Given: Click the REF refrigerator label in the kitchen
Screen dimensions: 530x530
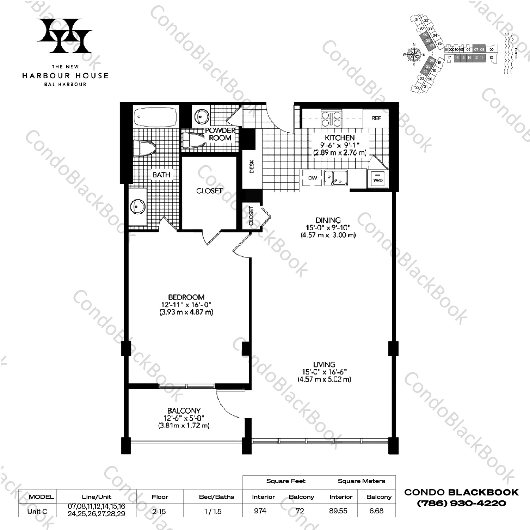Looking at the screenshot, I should (x=376, y=118).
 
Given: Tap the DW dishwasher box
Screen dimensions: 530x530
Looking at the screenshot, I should (x=313, y=178).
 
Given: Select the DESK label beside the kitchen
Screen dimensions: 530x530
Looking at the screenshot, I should (x=251, y=166).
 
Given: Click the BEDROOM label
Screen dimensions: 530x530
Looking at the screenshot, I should (x=186, y=297).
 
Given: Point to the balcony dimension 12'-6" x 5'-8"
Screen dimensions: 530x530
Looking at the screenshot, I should (x=184, y=418).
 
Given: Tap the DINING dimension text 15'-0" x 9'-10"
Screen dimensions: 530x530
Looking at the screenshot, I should (x=328, y=227).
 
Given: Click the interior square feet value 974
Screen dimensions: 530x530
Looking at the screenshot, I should (x=260, y=511).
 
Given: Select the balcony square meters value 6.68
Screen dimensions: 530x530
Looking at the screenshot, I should (x=376, y=511).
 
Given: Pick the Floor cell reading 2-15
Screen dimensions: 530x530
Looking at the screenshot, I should (x=157, y=511).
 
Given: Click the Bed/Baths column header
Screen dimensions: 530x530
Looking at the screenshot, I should (x=216, y=497).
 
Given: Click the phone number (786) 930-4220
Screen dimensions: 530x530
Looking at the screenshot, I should (x=461, y=503).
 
